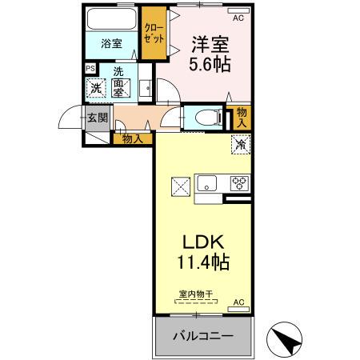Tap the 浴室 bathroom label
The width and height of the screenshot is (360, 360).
pos(111,44)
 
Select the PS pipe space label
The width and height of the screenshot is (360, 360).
pos(90,69)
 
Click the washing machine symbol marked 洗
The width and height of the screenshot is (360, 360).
pos(96,89)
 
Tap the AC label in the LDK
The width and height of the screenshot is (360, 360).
pos(238,302)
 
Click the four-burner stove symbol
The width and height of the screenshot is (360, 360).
pos(238,182)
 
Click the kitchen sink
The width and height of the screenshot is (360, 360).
pos(206,182)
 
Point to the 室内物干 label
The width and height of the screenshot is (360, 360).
pos(195,294)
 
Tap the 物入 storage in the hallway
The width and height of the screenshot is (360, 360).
pos(133,138)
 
